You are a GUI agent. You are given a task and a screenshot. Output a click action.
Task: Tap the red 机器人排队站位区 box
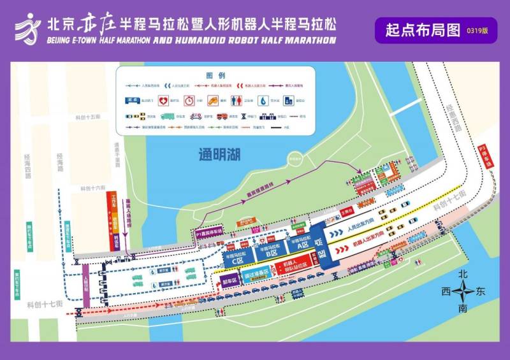pos(295,265)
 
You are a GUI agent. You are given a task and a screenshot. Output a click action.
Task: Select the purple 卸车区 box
pos(229,280)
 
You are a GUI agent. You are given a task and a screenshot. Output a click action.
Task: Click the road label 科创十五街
pos(87,117)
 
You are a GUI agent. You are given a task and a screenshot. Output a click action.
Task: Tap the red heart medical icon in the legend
pos(163,101)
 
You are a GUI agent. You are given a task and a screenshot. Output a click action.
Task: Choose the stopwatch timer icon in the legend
pos(189,101)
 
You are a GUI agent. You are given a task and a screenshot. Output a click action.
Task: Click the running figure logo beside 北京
pos(27,29)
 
